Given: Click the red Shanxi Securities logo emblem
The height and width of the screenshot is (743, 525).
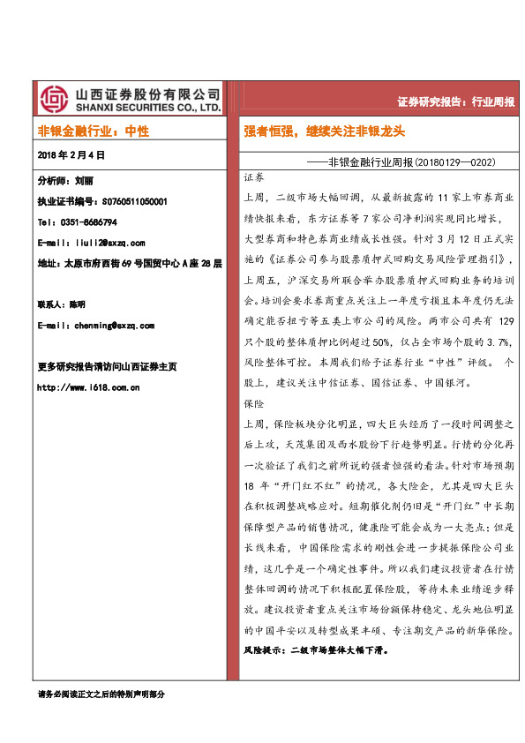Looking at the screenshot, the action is click(x=54, y=97).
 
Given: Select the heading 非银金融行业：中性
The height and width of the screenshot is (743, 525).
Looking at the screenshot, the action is click(x=94, y=131).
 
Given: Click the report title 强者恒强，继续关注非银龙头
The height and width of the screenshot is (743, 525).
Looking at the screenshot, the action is click(x=324, y=131).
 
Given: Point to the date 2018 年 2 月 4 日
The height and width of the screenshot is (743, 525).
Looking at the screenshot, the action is click(x=71, y=154).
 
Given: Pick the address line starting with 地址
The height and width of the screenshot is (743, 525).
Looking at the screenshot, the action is click(x=130, y=263).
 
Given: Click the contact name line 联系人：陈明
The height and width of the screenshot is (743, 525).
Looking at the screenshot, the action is click(x=62, y=304).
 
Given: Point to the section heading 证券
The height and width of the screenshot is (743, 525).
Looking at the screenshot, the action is click(x=253, y=178).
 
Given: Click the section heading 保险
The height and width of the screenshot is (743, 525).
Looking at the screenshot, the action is click(x=253, y=403).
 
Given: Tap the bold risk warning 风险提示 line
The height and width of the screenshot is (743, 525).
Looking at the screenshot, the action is click(x=316, y=650).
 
